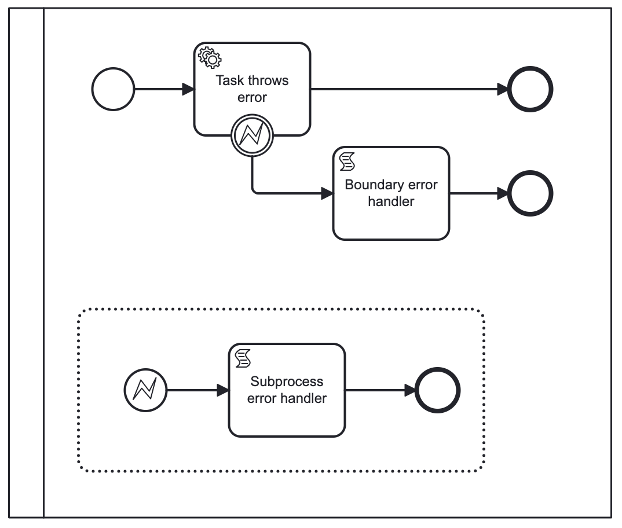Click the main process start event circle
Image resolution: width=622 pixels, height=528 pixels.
(114, 90)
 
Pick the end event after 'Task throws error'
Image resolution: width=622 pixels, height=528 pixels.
(530, 90)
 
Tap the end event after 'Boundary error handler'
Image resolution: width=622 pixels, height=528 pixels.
(530, 193)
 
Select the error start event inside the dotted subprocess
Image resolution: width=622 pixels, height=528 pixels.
(145, 390)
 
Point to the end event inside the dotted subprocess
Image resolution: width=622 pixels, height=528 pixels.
(438, 390)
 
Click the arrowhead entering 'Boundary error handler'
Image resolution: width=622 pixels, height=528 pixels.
(327, 193)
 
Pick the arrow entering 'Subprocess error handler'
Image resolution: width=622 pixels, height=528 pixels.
(197, 390)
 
